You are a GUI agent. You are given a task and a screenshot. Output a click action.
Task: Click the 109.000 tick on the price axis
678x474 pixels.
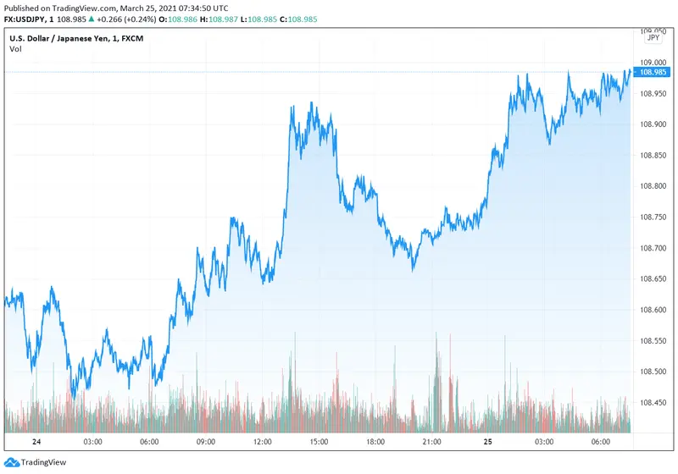[653, 62]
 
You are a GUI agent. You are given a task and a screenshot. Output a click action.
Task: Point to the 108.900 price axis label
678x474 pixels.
[653, 124]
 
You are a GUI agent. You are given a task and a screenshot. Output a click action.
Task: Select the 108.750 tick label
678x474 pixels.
[653, 217]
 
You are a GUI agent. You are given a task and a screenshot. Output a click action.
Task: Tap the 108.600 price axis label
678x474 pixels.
[653, 310]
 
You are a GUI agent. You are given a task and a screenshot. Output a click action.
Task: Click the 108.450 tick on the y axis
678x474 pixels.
[653, 403]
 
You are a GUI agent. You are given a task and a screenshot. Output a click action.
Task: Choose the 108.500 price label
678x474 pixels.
[653, 372]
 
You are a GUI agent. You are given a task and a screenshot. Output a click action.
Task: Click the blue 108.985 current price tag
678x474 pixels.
[653, 72]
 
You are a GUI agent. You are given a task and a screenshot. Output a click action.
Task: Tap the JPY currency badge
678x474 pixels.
[653, 37]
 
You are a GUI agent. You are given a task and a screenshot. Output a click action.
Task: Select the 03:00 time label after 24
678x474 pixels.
[92, 442]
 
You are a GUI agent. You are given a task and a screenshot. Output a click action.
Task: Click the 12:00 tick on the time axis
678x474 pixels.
[262, 442]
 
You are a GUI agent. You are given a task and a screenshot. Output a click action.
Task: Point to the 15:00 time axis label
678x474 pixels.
[319, 442]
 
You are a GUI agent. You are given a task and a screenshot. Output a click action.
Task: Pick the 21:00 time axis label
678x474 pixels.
[431, 442]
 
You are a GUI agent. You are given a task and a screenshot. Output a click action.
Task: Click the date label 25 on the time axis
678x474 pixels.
[488, 442]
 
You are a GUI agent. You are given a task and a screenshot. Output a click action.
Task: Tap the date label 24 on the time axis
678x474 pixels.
[36, 442]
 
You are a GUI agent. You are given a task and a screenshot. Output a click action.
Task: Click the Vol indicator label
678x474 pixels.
[15, 49]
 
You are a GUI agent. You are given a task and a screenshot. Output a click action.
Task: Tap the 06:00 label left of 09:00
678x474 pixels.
[149, 442]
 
